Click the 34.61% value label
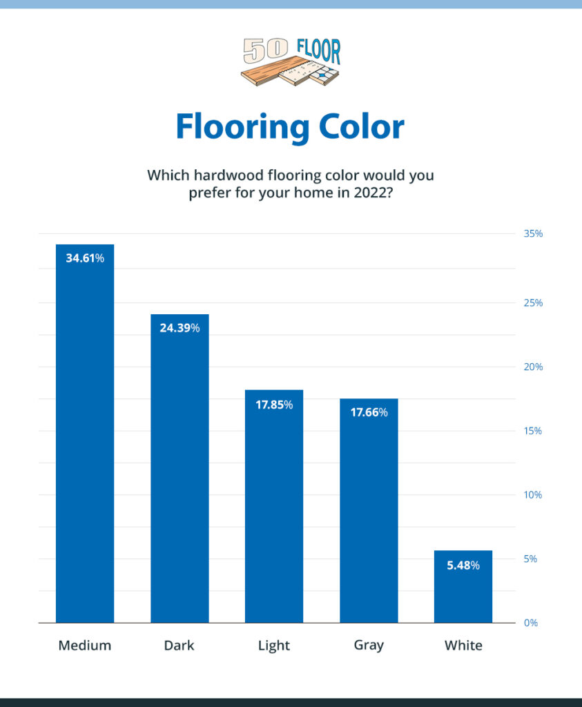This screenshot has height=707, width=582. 85,259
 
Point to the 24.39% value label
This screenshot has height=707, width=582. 180,328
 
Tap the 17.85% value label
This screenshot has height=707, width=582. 274,405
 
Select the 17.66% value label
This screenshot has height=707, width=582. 369,413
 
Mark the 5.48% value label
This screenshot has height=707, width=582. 463,565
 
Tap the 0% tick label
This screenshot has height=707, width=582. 531,623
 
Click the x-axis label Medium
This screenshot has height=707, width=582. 85,646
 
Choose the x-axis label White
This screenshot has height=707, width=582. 463,646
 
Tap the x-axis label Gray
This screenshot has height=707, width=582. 369,646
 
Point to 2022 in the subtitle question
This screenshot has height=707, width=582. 374,193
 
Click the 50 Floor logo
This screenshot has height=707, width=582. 291,62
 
